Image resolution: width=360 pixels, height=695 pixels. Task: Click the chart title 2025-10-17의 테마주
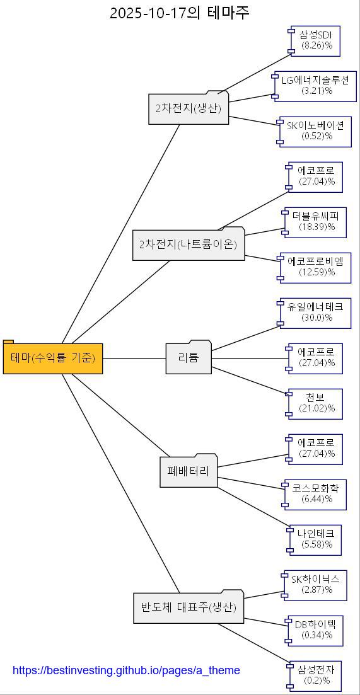coord(180,13)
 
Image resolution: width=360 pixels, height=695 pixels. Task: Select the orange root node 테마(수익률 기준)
coord(53,359)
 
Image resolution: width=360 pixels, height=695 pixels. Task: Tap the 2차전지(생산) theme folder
coord(189,108)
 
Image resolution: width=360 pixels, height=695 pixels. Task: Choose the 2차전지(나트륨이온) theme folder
coord(189,244)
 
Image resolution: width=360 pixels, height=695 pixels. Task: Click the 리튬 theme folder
coord(189,359)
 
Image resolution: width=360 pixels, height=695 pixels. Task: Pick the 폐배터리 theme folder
coord(189,471)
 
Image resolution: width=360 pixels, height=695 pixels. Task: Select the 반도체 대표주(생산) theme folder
coord(189,608)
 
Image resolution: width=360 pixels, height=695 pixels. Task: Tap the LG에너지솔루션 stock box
coord(315,86)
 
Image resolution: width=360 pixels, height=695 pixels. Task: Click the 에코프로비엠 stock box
coord(315,267)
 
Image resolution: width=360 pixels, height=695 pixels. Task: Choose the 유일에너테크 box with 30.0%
coord(315,313)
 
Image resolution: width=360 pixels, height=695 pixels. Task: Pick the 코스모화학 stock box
coord(315,494)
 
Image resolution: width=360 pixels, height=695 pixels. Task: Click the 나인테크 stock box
coord(316,539)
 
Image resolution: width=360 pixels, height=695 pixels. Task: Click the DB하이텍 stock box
coord(315,630)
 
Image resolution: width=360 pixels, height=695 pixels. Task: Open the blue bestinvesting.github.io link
coord(126,670)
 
